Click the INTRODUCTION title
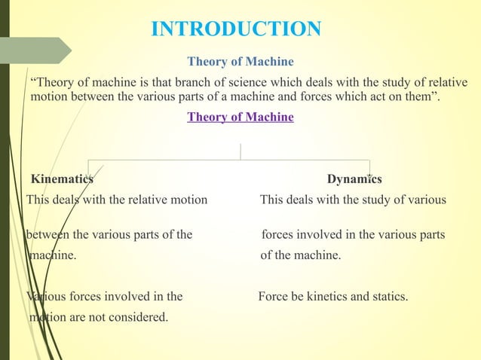236,29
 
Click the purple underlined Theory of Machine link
240,117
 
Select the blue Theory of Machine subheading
240,61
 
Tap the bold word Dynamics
354,179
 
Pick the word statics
388,296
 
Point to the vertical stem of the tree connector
240,151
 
